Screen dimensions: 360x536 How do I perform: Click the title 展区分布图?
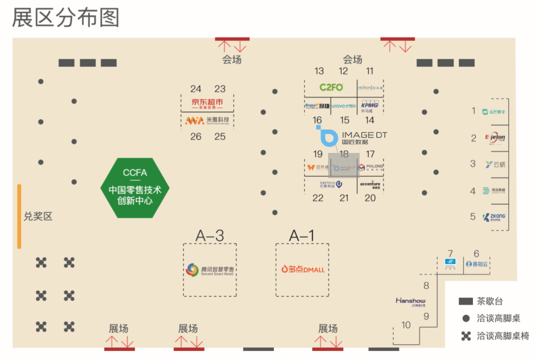[x=66, y=18]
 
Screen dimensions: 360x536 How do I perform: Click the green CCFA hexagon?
[x=135, y=187]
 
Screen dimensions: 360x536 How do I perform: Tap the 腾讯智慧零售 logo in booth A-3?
[x=209, y=270]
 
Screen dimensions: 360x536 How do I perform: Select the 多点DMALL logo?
[x=303, y=269]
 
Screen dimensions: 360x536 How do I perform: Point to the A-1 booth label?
[x=302, y=235]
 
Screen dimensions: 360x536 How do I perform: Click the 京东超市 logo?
[x=207, y=104]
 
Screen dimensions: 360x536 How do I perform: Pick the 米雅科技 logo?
[x=207, y=121]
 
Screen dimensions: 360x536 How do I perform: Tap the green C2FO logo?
[x=331, y=87]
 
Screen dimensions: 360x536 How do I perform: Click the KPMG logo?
[x=370, y=106]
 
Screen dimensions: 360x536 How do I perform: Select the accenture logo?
[x=370, y=185]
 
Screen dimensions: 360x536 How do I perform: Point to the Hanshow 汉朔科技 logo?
[x=410, y=302]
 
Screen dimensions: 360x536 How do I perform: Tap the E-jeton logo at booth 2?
[x=494, y=138]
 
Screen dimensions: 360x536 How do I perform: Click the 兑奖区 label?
[x=38, y=216]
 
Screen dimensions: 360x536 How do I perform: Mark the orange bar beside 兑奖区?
[x=19, y=216]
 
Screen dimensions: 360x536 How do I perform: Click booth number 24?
[x=196, y=89]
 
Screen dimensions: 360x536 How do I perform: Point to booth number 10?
[x=406, y=325]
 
